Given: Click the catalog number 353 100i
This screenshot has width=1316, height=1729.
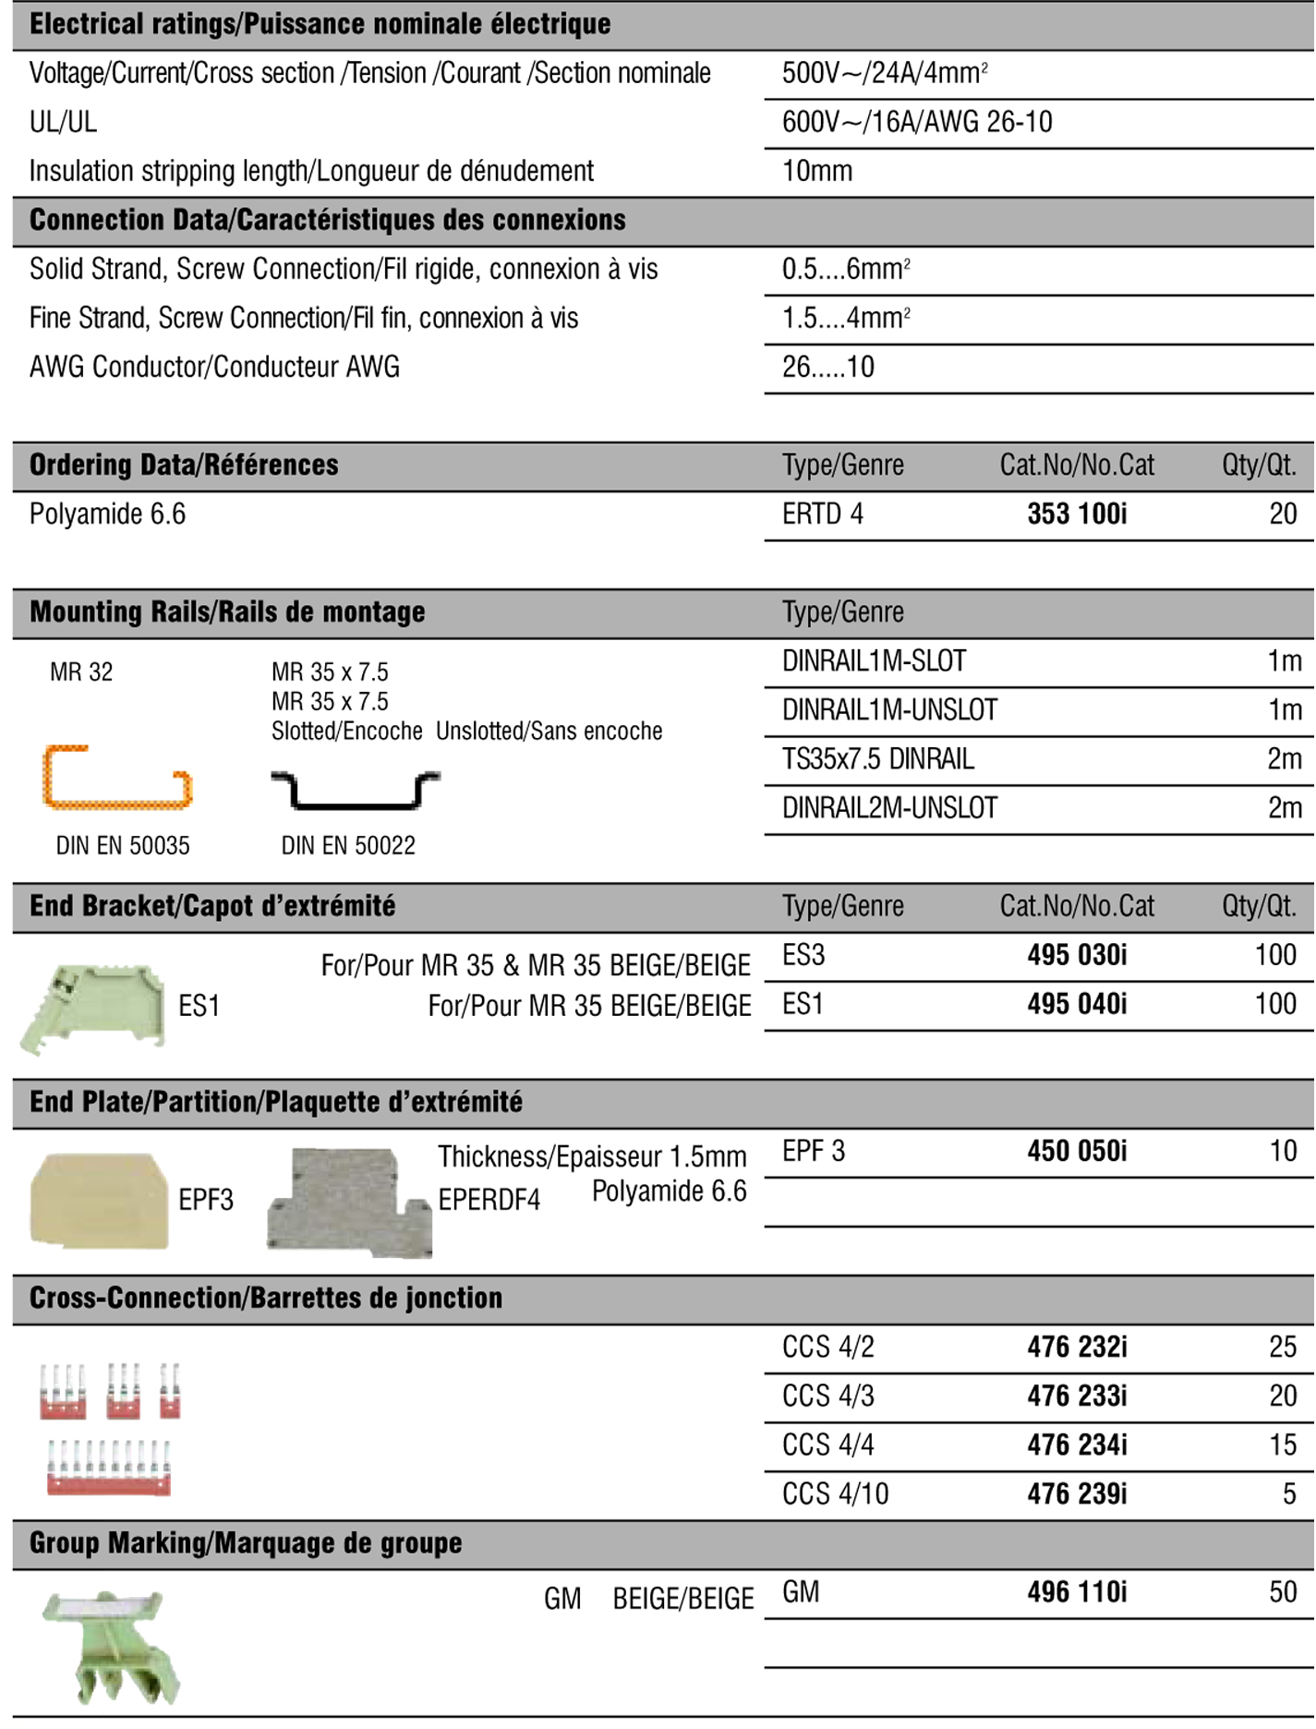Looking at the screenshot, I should pos(1077,514).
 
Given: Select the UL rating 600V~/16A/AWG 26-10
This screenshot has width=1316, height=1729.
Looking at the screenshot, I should pos(917,123).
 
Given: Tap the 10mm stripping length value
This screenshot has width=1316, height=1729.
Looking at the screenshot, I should pos(817,172).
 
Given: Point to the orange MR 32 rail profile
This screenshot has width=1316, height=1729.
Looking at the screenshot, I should pos(116,778).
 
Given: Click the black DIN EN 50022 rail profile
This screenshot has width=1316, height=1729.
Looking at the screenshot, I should pos(356,791).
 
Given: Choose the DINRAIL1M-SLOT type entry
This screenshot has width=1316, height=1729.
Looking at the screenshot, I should pos(874,661).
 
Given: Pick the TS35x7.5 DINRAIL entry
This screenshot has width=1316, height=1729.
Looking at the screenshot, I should pos(877,759).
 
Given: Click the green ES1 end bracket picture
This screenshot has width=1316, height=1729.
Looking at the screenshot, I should pos(94,1006).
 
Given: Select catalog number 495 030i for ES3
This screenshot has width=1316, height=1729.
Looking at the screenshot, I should pos(1077,956).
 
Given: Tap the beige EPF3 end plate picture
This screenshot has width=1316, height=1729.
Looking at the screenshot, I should pos(100,1200).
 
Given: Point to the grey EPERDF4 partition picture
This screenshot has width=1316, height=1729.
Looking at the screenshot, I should pos(349,1203).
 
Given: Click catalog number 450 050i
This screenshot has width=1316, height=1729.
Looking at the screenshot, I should pos(1077,1152).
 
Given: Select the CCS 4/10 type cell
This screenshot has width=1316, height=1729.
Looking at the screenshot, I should pos(835,1494).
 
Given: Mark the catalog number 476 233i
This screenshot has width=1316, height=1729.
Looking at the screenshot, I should pos(1077,1396).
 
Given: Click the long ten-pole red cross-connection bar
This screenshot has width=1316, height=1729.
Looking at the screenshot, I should pos(109,1469).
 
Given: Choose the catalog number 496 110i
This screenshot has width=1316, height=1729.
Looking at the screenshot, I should pos(1077,1592).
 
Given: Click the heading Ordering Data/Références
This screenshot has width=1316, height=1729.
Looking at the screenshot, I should pos(184,465).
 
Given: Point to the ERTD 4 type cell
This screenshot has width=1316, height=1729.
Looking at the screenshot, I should pos(822,514).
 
